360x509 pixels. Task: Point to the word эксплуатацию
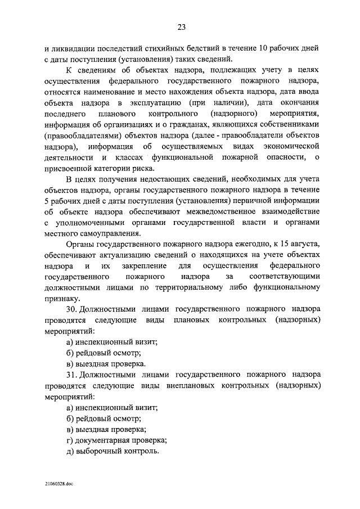(155, 103)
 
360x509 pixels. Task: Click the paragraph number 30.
(71, 310)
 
